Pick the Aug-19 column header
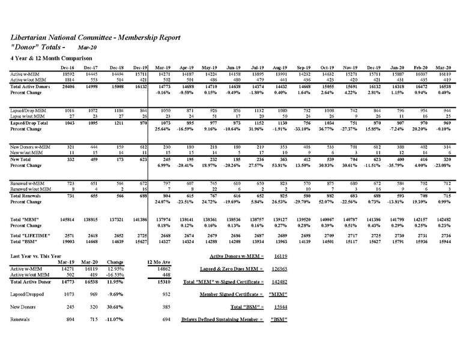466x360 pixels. click(280, 68)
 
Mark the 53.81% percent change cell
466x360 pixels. click(280, 164)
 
